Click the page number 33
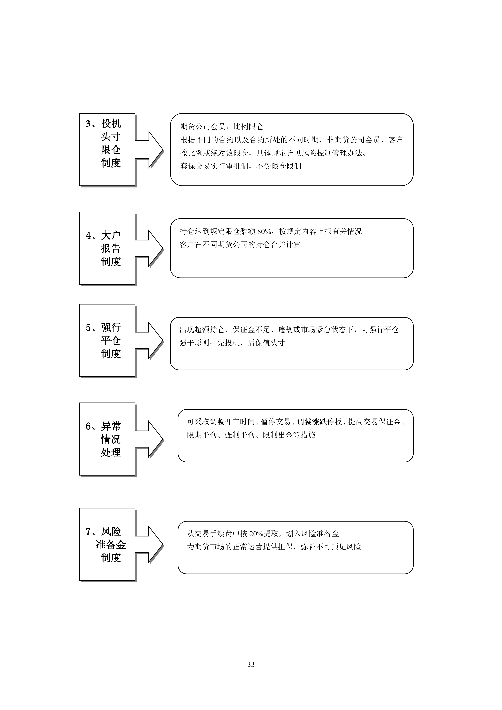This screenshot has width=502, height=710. point(251,664)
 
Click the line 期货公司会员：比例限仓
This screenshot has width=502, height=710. point(222,127)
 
